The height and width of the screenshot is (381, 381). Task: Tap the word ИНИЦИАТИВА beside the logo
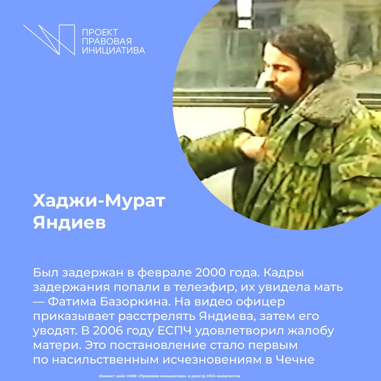point(113,50)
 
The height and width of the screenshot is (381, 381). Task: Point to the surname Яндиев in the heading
point(69,223)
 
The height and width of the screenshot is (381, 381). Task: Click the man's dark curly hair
point(305,48)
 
